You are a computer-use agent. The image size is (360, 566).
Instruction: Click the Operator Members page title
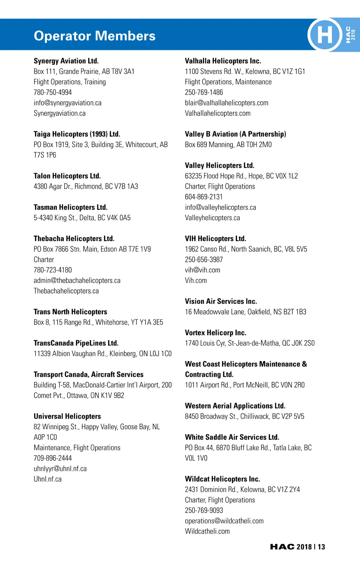[x=94, y=36]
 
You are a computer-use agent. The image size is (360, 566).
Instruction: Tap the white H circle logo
[x=325, y=34]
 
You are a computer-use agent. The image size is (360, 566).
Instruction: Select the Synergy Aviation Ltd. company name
[x=66, y=61]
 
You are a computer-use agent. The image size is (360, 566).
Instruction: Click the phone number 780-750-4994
[x=53, y=92]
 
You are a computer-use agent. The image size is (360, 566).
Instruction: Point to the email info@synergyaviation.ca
[x=67, y=103]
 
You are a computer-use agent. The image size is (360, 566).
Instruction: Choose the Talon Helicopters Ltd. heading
[x=67, y=176]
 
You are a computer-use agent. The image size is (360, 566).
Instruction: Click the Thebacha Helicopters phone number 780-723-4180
[x=53, y=270]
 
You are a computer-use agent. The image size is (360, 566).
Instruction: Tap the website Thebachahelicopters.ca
[x=66, y=291]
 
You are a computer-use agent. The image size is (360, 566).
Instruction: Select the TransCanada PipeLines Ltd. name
[x=76, y=343]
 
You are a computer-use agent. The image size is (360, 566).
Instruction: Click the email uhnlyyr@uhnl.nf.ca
[x=60, y=469]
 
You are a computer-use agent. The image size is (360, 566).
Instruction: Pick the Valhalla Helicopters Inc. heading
[x=223, y=61]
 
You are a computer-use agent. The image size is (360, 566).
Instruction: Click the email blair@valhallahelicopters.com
[x=226, y=103]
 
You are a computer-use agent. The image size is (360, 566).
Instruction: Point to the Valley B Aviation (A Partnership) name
[x=235, y=134]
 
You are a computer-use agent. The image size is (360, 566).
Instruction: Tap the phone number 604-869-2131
[x=204, y=197]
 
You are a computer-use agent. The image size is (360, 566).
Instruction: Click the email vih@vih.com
[x=202, y=270]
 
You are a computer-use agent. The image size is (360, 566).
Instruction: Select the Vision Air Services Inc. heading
[x=221, y=301]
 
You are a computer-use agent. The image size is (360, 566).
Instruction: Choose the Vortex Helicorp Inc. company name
[x=215, y=333]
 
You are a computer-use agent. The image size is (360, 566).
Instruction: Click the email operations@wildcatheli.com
[x=224, y=521]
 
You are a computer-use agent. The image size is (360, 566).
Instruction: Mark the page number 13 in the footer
[x=321, y=547]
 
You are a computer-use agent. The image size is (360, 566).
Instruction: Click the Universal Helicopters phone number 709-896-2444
[x=53, y=458]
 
